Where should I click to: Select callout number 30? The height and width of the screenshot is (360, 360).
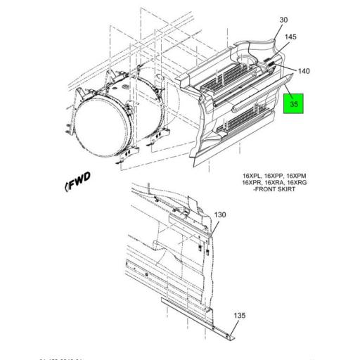click(x=284, y=20)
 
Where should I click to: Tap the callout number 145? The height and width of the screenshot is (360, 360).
click(x=291, y=37)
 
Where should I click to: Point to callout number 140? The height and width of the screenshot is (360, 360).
click(x=304, y=71)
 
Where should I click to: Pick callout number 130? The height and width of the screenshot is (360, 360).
click(x=220, y=214)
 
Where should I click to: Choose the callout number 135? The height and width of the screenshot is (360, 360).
click(x=240, y=316)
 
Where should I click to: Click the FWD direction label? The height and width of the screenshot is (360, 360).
click(x=79, y=184)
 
